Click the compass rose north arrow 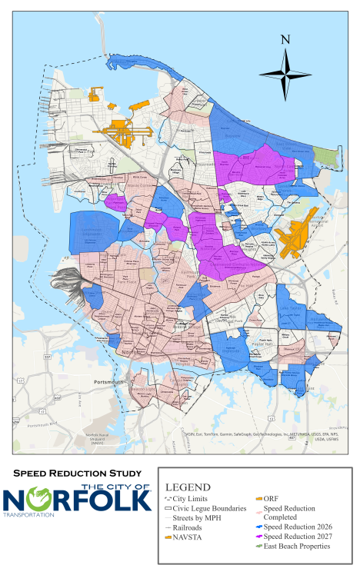tap(285, 73)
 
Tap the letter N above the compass tap(285, 40)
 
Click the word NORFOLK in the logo tap(77, 500)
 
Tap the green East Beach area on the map tap(328, 158)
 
